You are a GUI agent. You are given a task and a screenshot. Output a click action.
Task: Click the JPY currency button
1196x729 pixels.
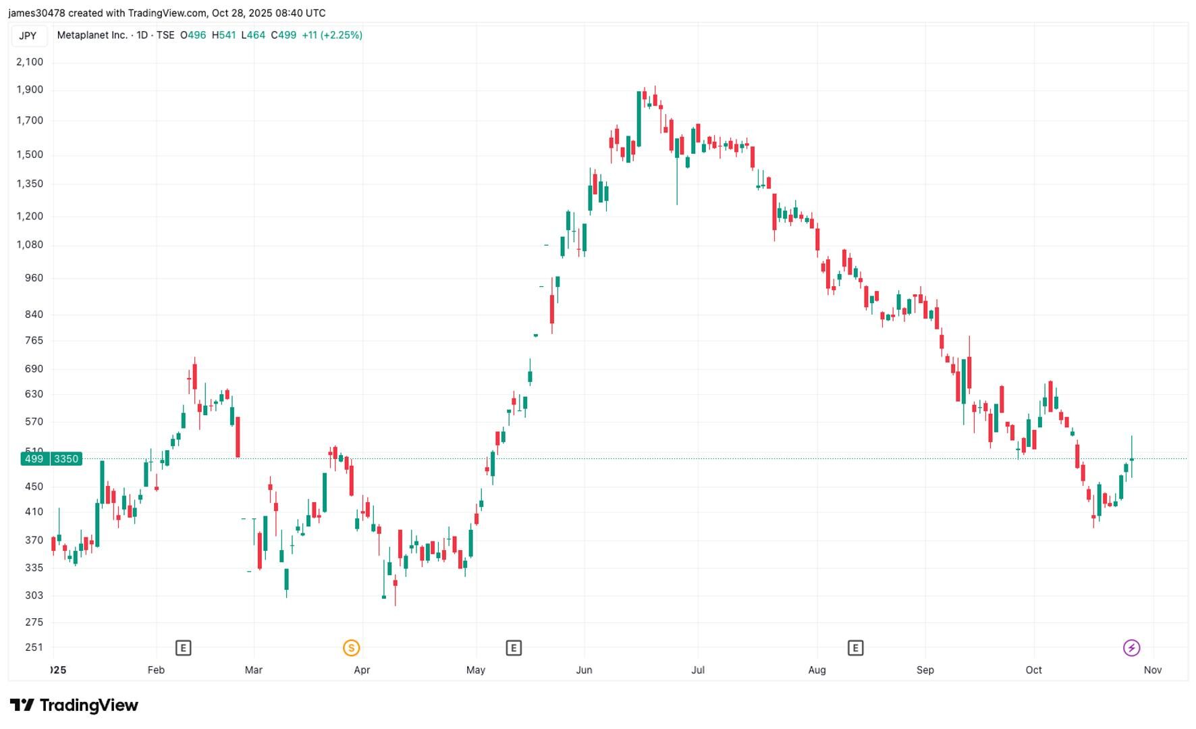tap(28, 36)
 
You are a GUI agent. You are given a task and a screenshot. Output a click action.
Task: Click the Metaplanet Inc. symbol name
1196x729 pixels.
tap(92, 35)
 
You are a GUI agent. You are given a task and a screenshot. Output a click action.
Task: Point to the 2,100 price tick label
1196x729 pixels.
tap(30, 62)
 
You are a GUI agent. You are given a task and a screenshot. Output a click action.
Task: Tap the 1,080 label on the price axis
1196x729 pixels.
tap(30, 245)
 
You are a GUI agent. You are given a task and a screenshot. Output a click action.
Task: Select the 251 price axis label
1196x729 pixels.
tap(34, 647)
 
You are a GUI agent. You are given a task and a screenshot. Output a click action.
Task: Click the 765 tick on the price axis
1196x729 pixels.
tap(34, 341)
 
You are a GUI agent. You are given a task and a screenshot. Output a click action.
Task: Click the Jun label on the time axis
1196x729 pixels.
tap(584, 670)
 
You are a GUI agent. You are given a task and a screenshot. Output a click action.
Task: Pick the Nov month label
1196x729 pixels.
tap(1152, 670)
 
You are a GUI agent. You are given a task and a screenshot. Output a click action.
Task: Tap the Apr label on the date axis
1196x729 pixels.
tap(362, 670)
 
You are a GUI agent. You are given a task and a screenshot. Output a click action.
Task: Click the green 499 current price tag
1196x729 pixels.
tap(33, 459)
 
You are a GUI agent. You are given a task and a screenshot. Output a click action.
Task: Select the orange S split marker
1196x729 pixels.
tap(351, 648)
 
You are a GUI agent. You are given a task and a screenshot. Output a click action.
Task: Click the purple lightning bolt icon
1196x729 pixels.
tap(1131, 648)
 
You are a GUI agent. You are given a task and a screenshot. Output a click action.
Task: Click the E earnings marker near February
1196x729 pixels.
tap(183, 648)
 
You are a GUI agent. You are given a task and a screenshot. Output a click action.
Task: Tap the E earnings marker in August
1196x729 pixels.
tap(855, 648)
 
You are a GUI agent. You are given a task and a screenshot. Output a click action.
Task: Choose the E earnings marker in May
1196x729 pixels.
tap(513, 648)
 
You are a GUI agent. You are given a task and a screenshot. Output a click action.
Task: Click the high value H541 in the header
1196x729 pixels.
tap(223, 35)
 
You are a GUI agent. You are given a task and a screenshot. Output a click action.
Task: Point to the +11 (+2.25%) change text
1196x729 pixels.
tap(332, 35)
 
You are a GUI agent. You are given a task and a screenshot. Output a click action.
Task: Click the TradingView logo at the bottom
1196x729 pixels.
tap(74, 705)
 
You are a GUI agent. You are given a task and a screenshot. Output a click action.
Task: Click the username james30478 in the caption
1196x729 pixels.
tap(36, 13)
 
